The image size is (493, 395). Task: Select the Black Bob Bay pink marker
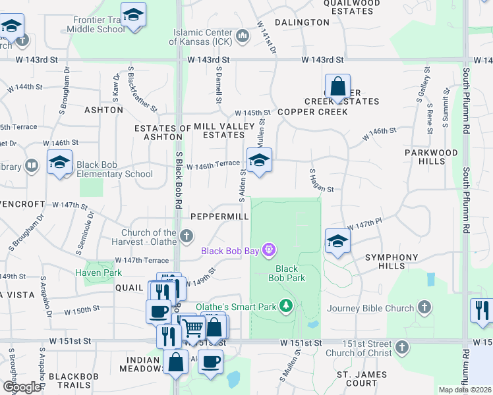point(268,250)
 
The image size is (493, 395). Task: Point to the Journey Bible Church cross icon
point(425,307)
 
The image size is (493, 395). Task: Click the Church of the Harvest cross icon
point(187,235)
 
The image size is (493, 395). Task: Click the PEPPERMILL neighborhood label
point(219,217)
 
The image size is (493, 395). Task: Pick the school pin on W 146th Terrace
point(259,160)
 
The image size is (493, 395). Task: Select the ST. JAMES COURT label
point(357,379)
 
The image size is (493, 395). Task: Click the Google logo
point(22,387)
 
